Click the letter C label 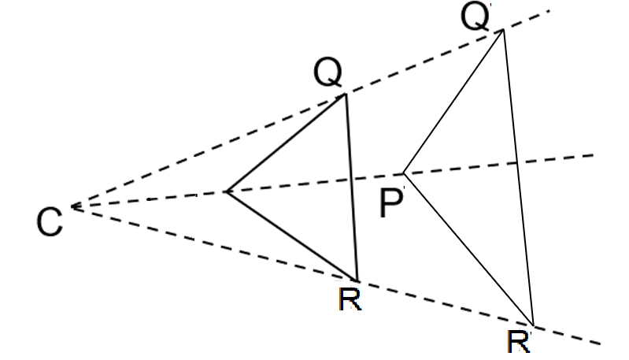click(50, 222)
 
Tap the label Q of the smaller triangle click(327, 75)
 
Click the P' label click(392, 203)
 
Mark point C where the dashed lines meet click(72, 206)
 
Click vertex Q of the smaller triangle click(346, 95)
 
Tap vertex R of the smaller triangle click(357, 280)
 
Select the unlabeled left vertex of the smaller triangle click(227, 191)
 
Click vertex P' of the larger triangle click(404, 173)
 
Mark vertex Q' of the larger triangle click(502, 30)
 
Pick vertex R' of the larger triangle click(534, 325)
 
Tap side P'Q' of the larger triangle click(453, 102)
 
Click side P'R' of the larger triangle click(468, 248)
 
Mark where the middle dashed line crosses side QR click(351, 178)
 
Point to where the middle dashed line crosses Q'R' click(516, 161)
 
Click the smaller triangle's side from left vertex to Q click(286, 143)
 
